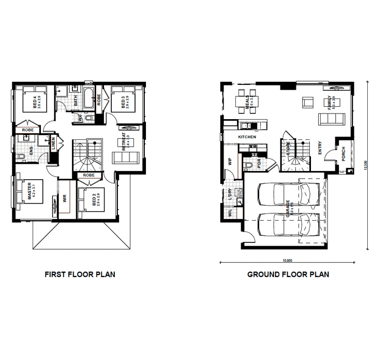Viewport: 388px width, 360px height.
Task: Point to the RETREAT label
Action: click(125, 142)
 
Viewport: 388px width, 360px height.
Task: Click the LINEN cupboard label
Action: click(54, 144)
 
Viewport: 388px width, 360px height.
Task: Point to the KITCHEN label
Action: click(247, 137)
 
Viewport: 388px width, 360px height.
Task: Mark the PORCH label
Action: click(343, 153)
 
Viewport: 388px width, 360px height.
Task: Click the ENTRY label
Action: click(320, 148)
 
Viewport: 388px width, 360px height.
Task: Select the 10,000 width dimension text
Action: click(287, 261)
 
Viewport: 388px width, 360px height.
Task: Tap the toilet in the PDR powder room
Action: click(247, 165)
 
